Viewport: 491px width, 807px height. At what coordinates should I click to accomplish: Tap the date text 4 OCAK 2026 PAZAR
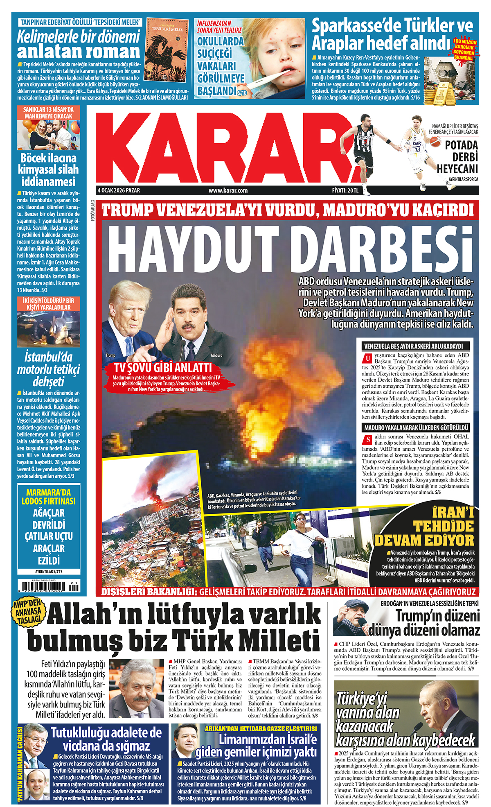point(119,190)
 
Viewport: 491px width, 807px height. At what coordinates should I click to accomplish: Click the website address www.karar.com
point(228,190)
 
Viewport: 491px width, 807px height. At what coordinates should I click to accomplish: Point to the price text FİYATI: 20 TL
point(345,190)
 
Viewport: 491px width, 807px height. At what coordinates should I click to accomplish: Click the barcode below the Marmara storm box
point(48,587)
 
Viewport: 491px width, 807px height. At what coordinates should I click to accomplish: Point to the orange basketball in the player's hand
point(435,142)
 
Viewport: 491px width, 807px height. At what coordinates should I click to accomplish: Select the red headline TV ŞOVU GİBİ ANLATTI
point(163,367)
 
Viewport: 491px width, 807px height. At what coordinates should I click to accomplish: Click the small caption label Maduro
point(216,355)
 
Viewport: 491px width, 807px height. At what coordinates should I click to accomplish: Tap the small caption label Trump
point(110,355)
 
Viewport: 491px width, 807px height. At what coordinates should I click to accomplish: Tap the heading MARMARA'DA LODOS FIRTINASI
point(48,497)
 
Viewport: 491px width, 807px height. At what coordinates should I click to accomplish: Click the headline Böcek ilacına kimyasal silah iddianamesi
point(48,170)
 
